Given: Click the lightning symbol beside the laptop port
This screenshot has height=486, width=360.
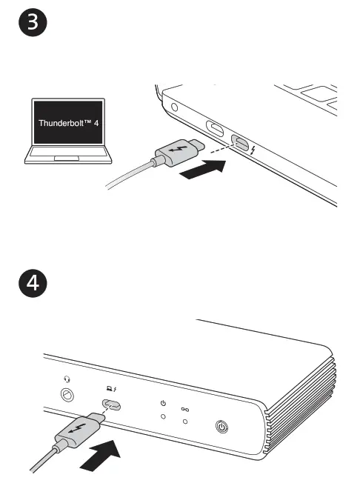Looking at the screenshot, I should point(253,153).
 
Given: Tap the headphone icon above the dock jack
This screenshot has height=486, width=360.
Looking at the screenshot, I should point(67,379).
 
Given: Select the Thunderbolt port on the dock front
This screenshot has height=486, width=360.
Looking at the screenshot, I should point(113,405).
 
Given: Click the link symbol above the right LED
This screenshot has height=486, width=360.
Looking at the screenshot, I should point(184,408).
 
